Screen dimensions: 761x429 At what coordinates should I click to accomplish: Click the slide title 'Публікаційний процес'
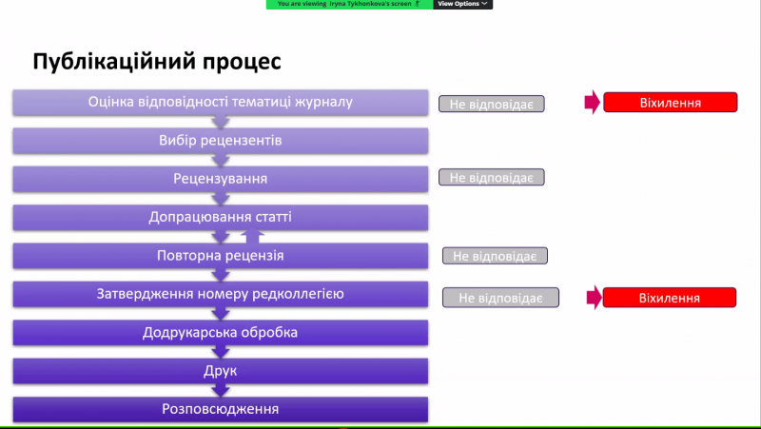click(157, 62)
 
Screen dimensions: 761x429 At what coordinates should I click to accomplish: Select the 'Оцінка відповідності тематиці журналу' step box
click(221, 103)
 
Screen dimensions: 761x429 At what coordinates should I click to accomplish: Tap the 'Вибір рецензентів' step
click(221, 141)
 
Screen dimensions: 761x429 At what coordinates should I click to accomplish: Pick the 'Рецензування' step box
click(221, 179)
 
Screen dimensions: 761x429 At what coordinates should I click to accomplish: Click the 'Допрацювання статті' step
click(221, 218)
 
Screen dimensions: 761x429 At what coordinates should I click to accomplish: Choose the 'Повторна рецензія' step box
click(221, 256)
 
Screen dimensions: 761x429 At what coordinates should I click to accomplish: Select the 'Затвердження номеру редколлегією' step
click(221, 294)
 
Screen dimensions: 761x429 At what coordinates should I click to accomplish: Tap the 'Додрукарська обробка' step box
click(221, 332)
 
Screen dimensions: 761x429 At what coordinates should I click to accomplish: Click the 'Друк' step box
click(221, 371)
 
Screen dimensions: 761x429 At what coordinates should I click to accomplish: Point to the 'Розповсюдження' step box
click(221, 410)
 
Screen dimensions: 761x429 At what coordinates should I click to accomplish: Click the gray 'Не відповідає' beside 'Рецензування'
click(492, 177)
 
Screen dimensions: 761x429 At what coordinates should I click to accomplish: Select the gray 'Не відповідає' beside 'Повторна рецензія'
click(495, 256)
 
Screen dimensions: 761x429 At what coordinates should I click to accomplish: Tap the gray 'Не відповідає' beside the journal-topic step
click(492, 104)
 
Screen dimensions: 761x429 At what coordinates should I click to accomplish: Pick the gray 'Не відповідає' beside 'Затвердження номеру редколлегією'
click(501, 298)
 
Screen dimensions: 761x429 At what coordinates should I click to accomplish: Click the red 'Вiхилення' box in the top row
click(671, 103)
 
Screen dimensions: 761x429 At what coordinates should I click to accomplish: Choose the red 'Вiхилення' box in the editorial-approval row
click(670, 298)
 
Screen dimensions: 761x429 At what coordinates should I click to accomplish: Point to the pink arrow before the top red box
click(593, 102)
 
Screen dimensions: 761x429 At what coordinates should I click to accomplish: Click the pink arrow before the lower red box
click(595, 298)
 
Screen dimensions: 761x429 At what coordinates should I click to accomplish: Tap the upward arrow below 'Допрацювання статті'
click(252, 236)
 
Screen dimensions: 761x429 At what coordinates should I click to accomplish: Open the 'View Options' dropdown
click(462, 4)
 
